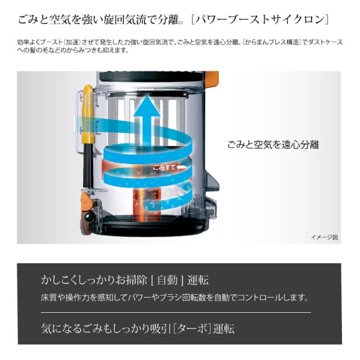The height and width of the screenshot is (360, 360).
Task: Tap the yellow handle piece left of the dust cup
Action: (88, 115)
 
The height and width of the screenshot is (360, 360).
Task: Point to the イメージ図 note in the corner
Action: (324, 237)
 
